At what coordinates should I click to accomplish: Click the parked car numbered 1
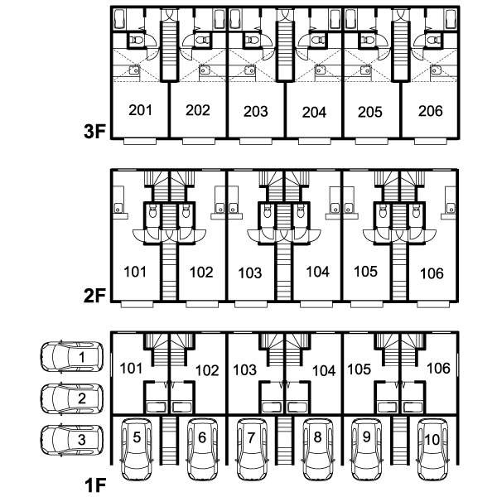[71, 356]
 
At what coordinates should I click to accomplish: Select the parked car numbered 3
[71, 441]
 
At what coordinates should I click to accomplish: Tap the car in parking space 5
[137, 450]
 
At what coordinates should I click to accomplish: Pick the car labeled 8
[318, 450]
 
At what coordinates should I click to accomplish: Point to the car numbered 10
[432, 450]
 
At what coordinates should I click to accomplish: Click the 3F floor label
[94, 131]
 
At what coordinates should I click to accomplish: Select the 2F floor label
[94, 296]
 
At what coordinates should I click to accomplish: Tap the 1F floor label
[95, 485]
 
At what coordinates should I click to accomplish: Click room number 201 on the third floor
[141, 110]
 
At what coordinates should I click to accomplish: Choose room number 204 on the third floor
[314, 112]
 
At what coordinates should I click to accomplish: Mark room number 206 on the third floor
[430, 111]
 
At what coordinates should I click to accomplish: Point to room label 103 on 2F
[250, 273]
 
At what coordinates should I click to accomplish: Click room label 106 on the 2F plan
[432, 273]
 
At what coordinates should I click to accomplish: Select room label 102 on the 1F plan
[207, 370]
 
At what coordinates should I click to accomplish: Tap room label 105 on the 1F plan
[359, 369]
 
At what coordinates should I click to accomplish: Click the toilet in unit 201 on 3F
[138, 41]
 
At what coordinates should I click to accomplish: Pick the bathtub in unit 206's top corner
[451, 19]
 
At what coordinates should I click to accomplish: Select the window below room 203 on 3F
[255, 142]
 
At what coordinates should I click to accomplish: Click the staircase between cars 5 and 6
[169, 441]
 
